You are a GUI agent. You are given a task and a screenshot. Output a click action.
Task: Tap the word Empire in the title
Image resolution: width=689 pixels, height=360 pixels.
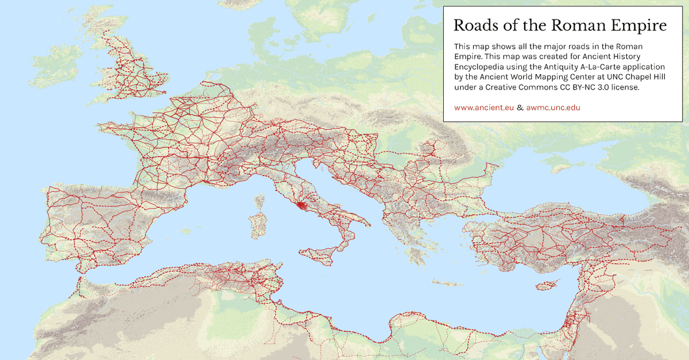pyautogui.click(x=639, y=26)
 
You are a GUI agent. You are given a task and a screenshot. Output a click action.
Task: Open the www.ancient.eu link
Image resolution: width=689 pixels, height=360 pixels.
pyautogui.click(x=483, y=107)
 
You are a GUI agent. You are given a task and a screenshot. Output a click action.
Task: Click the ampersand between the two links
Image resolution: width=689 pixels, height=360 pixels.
pyautogui.click(x=520, y=107)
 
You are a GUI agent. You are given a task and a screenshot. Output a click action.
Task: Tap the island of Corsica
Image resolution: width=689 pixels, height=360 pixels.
pyautogui.click(x=260, y=202)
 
